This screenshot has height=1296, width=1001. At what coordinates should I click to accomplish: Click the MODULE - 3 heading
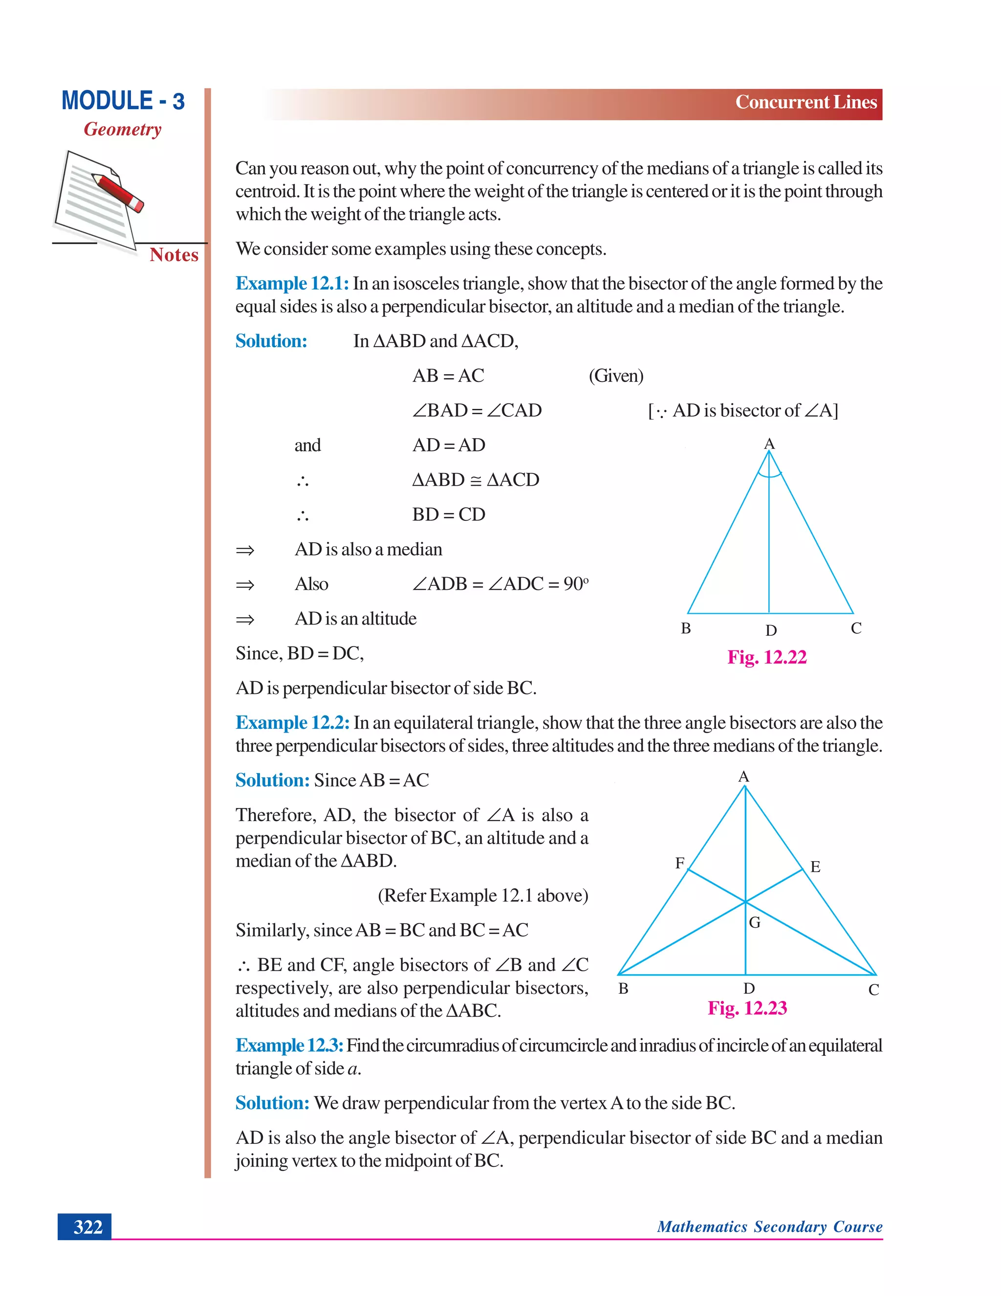click(123, 101)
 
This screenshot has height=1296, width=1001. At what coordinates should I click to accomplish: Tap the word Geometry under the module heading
click(122, 130)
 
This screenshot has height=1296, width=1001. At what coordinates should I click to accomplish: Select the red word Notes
click(174, 255)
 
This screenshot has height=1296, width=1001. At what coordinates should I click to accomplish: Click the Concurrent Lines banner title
click(805, 102)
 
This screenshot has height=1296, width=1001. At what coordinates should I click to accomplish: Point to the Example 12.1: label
click(292, 284)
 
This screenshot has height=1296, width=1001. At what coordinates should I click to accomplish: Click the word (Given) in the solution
click(615, 376)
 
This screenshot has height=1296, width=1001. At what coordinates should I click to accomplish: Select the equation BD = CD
click(448, 514)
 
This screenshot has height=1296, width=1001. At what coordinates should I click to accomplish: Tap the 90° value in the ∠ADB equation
click(575, 584)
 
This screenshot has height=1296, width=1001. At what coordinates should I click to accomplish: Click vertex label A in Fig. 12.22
click(769, 444)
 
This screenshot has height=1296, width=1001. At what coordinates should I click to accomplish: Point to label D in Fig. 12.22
click(770, 630)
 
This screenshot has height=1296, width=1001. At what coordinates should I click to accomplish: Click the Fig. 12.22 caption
click(767, 657)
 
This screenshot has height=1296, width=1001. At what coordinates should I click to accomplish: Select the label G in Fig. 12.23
click(754, 922)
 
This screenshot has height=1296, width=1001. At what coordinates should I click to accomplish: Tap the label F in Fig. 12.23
click(679, 863)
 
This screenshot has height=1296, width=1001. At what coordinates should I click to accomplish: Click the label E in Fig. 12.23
click(815, 867)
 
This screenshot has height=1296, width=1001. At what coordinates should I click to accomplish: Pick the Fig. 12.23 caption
click(747, 1008)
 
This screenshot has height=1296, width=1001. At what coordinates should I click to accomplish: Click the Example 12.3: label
click(289, 1046)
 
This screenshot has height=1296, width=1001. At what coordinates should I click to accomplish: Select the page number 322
click(88, 1227)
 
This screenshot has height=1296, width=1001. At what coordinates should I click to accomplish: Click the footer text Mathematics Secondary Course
click(769, 1227)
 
